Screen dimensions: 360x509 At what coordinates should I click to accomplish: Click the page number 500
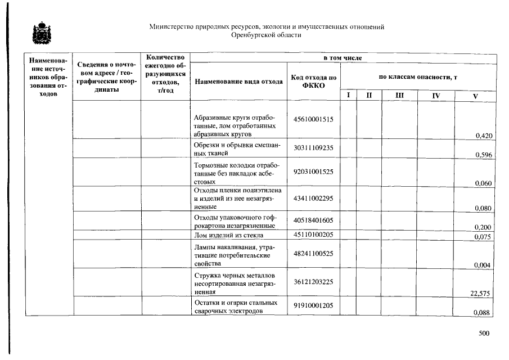tap(484, 334)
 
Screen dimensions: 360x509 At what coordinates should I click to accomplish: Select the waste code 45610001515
tap(314, 119)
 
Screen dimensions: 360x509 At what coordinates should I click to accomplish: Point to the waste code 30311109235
tap(314, 147)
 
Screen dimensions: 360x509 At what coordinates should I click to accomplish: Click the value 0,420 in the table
tap(484, 136)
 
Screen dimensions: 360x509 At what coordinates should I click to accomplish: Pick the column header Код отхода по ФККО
tap(314, 81)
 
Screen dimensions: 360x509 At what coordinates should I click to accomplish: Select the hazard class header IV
tap(435, 96)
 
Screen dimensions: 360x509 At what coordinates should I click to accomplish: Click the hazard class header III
tap(399, 96)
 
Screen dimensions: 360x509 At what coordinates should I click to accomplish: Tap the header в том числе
tap(343, 58)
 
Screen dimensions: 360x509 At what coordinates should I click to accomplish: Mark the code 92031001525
tap(314, 171)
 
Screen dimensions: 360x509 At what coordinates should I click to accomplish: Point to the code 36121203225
tap(314, 281)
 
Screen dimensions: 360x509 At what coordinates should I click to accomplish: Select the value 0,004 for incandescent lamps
tap(484, 265)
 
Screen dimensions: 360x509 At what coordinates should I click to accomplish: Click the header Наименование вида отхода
tap(239, 81)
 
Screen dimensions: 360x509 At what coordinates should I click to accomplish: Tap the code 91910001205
tap(314, 305)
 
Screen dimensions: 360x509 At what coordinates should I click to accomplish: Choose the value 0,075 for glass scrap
tap(484, 237)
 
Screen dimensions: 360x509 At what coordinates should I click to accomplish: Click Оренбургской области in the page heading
tap(267, 35)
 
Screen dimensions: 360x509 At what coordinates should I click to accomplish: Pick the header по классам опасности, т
tap(418, 76)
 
